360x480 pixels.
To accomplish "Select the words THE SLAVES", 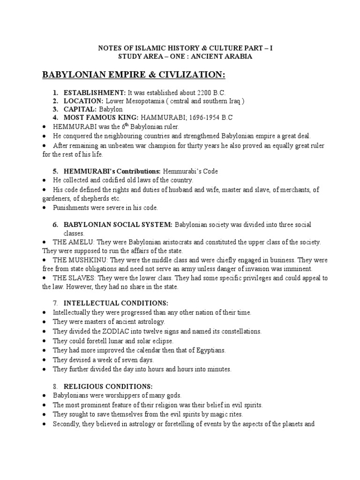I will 73,278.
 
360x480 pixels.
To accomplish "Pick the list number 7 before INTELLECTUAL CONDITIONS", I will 55,302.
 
